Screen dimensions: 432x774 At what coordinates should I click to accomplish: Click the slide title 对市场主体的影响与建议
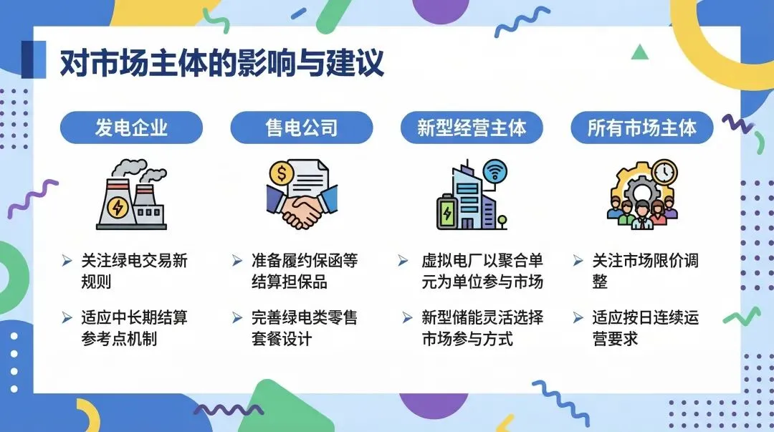[x=221, y=62]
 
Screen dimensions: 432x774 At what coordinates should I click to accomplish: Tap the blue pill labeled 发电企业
[x=131, y=128]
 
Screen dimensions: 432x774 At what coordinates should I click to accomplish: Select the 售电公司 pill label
[x=301, y=128]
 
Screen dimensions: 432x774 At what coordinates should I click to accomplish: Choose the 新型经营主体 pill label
[x=472, y=128]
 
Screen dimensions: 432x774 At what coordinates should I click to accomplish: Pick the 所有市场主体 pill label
[x=642, y=128]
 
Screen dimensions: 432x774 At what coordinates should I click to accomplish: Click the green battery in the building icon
[x=447, y=213]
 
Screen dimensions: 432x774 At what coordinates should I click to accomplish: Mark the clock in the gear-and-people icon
[x=664, y=172]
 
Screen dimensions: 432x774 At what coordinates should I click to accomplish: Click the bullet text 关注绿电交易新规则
[x=134, y=271]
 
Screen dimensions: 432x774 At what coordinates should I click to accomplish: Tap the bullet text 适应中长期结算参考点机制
[x=134, y=327]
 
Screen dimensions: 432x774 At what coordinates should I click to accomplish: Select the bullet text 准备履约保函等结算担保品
[x=304, y=271]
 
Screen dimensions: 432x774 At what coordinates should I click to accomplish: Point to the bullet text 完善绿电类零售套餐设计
[x=304, y=327]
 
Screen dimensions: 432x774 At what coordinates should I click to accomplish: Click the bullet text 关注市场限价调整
[x=645, y=271]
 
